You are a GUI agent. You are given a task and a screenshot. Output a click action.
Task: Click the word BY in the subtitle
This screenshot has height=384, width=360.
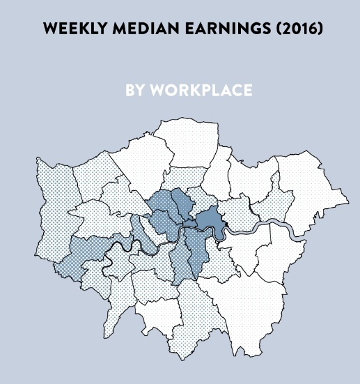[x=134, y=91]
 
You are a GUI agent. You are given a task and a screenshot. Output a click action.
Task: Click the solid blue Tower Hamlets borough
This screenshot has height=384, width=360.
[x=208, y=222]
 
